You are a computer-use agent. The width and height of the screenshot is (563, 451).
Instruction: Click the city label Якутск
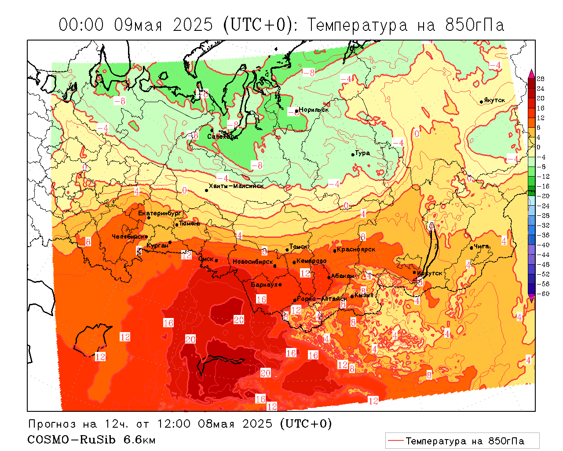pyautogui.click(x=494, y=100)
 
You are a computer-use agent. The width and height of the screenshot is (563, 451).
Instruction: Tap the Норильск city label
pyautogui.click(x=314, y=110)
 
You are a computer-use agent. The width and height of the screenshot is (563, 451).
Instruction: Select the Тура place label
pyautogui.click(x=362, y=153)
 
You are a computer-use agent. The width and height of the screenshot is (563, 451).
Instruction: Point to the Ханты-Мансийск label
pyautogui.click(x=236, y=186)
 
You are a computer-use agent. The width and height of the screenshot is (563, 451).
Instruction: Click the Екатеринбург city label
pyautogui.click(x=160, y=213)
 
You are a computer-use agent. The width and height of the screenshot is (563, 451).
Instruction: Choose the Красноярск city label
pyautogui.click(x=356, y=249)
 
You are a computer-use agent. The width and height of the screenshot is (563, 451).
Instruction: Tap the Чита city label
pyautogui.click(x=481, y=246)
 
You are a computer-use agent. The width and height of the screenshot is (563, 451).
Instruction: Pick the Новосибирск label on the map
pyautogui.click(x=253, y=262)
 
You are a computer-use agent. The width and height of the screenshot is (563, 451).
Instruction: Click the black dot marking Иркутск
pyautogui.click(x=414, y=272)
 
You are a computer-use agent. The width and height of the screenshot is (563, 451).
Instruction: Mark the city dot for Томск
pyautogui.click(x=287, y=250)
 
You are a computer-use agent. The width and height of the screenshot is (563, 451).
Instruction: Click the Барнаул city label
pyautogui.click(x=264, y=285)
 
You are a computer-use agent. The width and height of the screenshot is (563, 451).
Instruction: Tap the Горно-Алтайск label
pyautogui.click(x=322, y=299)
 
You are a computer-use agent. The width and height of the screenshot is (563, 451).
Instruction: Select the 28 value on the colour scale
pyautogui.click(x=541, y=79)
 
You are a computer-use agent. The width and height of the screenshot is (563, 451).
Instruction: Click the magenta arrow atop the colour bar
pyautogui.click(x=531, y=73)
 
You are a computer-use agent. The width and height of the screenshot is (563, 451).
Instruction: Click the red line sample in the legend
pyautogui.click(x=395, y=440)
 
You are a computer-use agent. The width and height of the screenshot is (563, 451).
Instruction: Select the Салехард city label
pyautogui.click(x=223, y=137)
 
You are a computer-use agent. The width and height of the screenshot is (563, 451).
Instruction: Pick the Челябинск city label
pyautogui.click(x=128, y=237)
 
